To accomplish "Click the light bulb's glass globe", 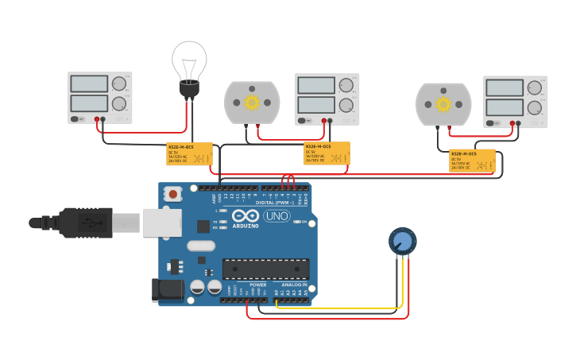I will coord(189,60).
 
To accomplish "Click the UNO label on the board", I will coord(276,216).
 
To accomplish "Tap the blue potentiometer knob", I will coord(402,241).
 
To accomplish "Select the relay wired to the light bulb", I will coord(189,153).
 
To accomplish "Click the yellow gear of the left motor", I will coord(252,103).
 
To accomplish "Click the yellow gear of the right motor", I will coord(443,104).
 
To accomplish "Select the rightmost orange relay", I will coord(472,161).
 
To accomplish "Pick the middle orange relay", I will coord(327,153).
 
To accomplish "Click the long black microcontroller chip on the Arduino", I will coord(265,269).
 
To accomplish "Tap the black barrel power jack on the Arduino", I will coord(168,290).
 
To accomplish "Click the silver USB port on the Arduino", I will coord(162,223).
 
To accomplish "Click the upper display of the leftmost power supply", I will coord(89,84).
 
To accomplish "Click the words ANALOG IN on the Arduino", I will coord(293,285).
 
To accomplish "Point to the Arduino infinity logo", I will coord(246,216).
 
